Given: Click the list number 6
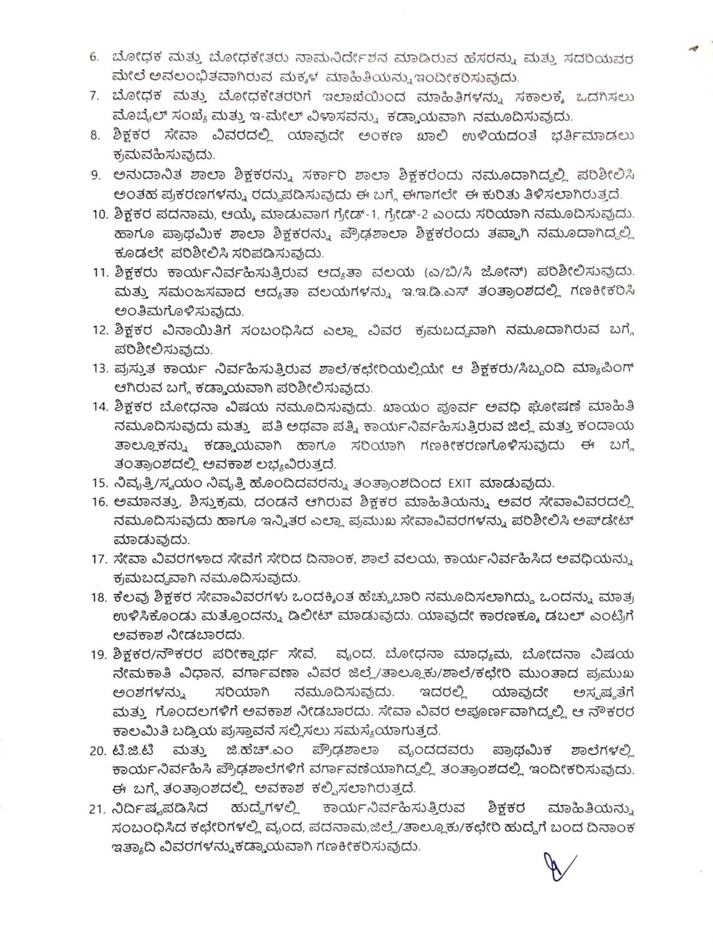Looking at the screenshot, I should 94,58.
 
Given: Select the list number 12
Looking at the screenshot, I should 98,330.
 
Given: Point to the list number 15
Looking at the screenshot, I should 98,484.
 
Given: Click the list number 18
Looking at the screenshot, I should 98,598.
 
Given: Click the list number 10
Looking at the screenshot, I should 98,214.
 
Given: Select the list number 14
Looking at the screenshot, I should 98,407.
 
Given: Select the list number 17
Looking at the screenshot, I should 98,558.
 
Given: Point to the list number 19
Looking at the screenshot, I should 98,654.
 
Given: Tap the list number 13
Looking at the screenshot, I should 98,369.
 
